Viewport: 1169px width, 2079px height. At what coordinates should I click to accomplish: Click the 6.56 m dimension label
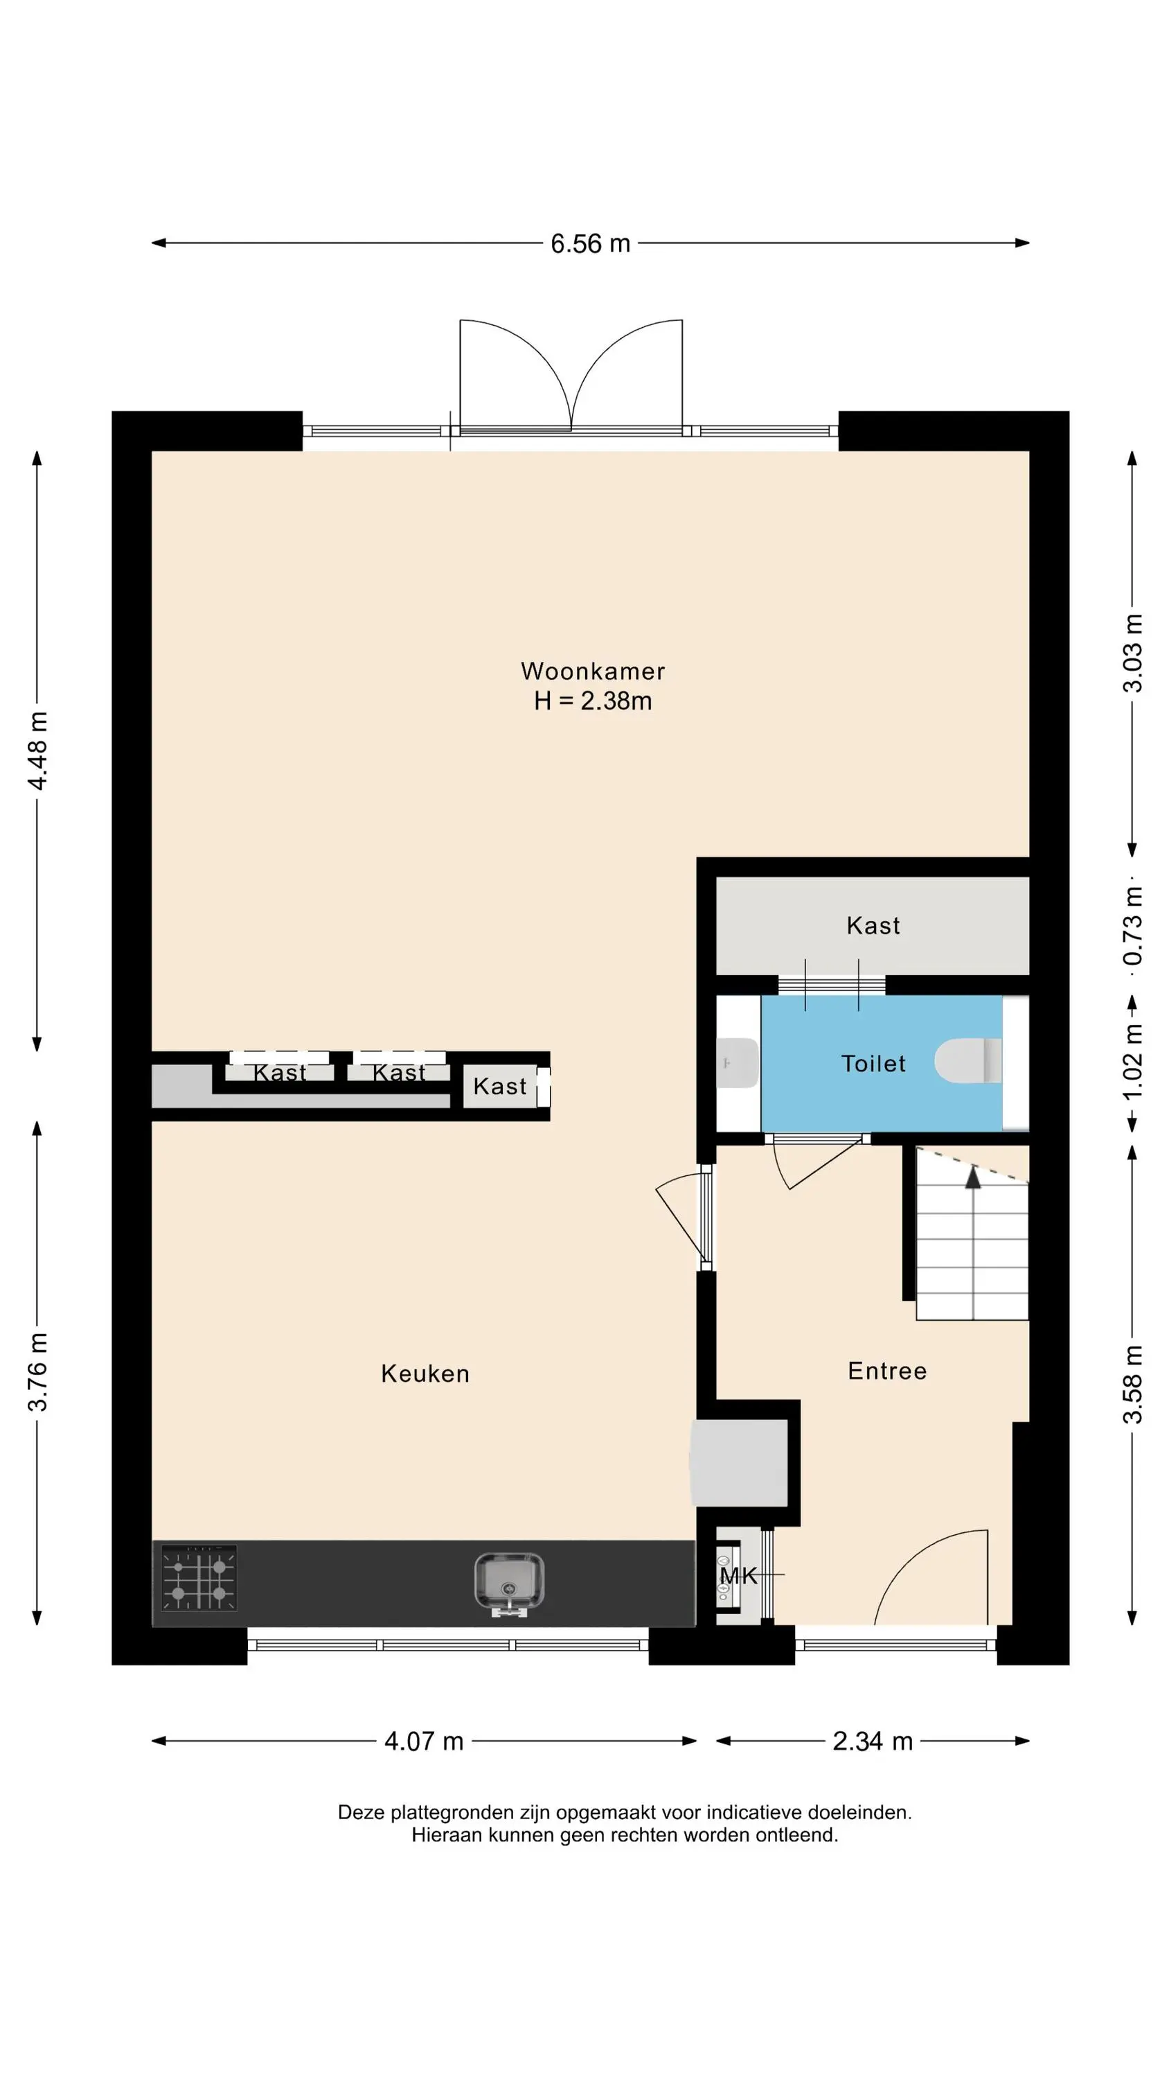(x=590, y=244)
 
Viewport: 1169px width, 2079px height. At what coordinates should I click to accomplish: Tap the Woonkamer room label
(x=593, y=671)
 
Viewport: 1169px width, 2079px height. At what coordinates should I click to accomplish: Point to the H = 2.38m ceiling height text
(x=593, y=701)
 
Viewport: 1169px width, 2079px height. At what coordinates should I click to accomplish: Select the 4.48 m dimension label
(x=38, y=751)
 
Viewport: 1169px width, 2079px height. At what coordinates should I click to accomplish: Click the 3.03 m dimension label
(x=1133, y=653)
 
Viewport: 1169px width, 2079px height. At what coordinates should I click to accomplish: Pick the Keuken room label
(x=425, y=1374)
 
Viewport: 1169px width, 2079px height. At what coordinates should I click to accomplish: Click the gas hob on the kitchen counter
(x=199, y=1578)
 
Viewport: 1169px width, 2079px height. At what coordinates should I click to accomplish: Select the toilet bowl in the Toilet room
(x=968, y=1060)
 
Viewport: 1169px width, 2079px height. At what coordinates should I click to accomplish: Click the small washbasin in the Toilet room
(x=738, y=1063)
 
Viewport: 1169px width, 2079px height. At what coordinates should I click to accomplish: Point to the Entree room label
(x=887, y=1371)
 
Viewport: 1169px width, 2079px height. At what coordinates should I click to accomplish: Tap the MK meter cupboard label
(x=738, y=1575)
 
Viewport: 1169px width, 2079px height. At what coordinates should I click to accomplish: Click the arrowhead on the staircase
(x=973, y=1177)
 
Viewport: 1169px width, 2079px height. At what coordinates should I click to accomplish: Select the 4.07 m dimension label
(x=424, y=1742)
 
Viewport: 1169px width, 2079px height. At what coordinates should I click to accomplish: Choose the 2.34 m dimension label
(x=872, y=1742)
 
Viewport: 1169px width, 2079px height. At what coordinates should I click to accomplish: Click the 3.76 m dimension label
(x=38, y=1372)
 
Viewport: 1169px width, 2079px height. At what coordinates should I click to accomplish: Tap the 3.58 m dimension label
(x=1133, y=1385)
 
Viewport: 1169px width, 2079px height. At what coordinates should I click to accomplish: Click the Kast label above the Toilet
(x=873, y=926)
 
